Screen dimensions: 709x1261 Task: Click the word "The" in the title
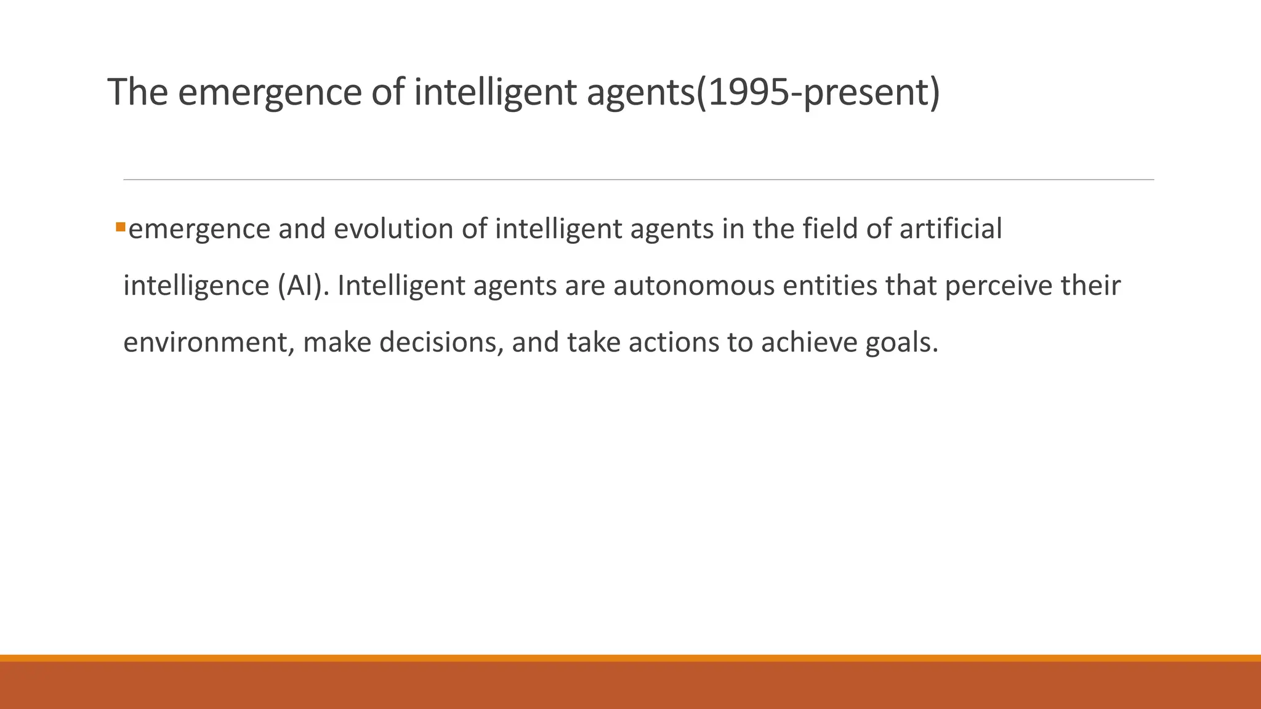click(138, 92)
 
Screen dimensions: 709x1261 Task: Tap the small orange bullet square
click(120, 228)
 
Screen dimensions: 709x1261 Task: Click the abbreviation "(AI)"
click(299, 286)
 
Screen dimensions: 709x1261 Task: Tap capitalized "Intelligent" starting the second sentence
click(401, 286)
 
